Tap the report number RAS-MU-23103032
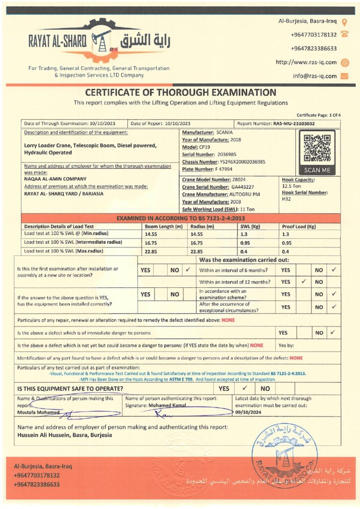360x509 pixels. coord(294,123)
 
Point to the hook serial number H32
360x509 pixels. coord(286,199)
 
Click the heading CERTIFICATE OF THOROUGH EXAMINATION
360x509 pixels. coord(180,92)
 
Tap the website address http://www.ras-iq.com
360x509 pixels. coord(306,62)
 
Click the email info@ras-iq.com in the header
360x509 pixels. coord(314,76)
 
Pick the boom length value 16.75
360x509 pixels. coord(151,242)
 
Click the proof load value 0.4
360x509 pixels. coord(285,251)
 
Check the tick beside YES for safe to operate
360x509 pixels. coord(244,388)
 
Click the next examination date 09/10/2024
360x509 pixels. coord(247,412)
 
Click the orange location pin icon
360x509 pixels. coord(345,22)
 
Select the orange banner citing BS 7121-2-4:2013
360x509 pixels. coord(180,218)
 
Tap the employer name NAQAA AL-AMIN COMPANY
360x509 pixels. coord(55,178)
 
